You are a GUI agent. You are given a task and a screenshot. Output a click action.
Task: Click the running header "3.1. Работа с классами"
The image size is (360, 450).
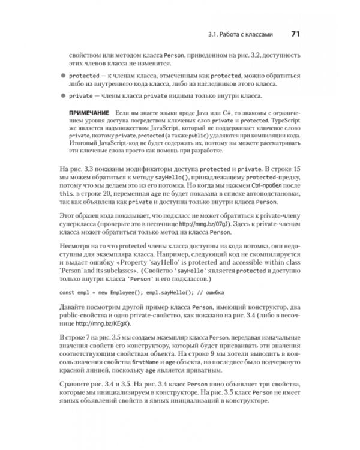pos(242,35)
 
